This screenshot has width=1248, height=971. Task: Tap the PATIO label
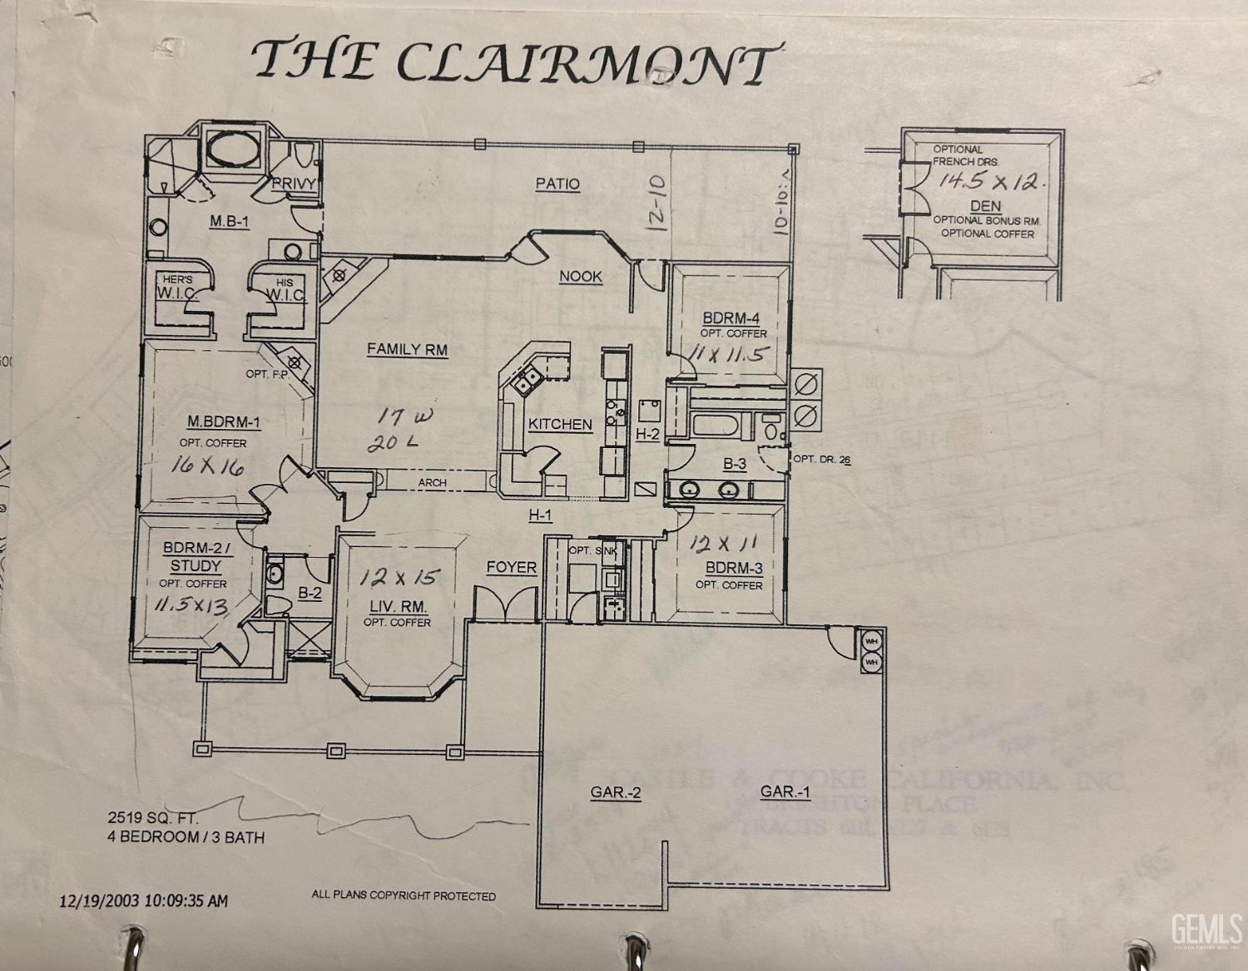[x=557, y=184]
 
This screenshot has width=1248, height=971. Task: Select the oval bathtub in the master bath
[x=234, y=150]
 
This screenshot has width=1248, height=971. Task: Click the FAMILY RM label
[x=407, y=350]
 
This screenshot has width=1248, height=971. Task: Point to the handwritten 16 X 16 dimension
[x=208, y=466]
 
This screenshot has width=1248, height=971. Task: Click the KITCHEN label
[x=560, y=424]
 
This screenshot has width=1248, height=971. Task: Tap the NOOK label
[x=580, y=277]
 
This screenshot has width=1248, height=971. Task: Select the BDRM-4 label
[x=730, y=318]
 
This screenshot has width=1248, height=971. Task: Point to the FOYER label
[x=511, y=567]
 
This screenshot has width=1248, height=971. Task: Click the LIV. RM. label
[x=397, y=606]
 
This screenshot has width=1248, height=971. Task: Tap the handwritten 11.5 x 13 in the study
[x=191, y=605]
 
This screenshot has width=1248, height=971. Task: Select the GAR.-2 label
[x=616, y=792]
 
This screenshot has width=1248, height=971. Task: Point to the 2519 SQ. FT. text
[x=153, y=817]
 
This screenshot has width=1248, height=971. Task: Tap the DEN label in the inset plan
[x=985, y=205]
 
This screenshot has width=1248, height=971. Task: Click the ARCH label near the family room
[x=432, y=482]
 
